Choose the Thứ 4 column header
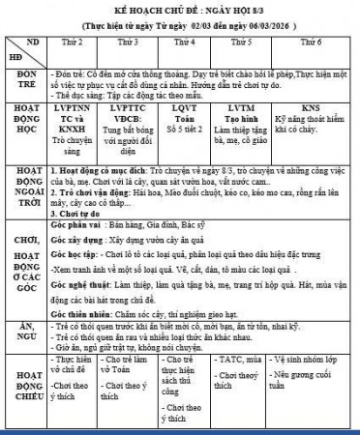pyautogui.click(x=184, y=44)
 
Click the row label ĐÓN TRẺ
pyautogui.click(x=27, y=80)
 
